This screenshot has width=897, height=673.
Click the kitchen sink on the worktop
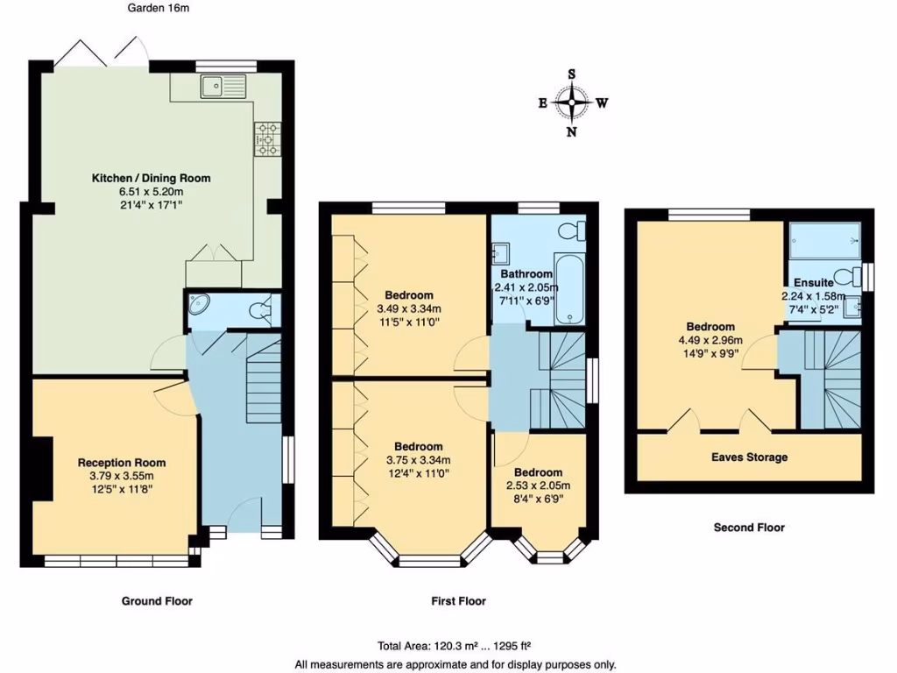(x=223, y=87)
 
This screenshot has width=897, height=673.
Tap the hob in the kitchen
(x=268, y=139)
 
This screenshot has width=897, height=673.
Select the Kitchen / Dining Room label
(x=152, y=178)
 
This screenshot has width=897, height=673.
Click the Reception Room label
(x=121, y=463)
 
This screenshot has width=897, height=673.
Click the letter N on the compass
(x=571, y=131)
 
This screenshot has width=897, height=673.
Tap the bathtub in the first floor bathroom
(x=569, y=289)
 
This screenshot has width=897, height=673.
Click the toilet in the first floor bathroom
(x=572, y=231)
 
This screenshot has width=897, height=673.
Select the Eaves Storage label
(x=750, y=457)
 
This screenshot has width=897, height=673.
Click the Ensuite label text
(x=813, y=282)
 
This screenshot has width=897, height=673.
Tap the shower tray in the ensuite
(x=825, y=240)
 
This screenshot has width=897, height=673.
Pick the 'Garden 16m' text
(x=158, y=8)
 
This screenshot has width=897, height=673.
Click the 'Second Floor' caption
(x=749, y=527)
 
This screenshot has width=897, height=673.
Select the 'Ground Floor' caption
(x=157, y=601)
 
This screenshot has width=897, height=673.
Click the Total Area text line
(x=455, y=646)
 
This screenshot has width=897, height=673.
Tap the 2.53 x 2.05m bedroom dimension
(x=538, y=485)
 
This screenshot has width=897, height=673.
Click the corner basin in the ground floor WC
(x=199, y=304)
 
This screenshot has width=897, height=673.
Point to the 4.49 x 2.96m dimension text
(x=710, y=340)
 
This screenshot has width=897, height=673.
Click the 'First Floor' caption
(x=458, y=601)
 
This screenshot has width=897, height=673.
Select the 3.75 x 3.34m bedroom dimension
(x=418, y=459)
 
